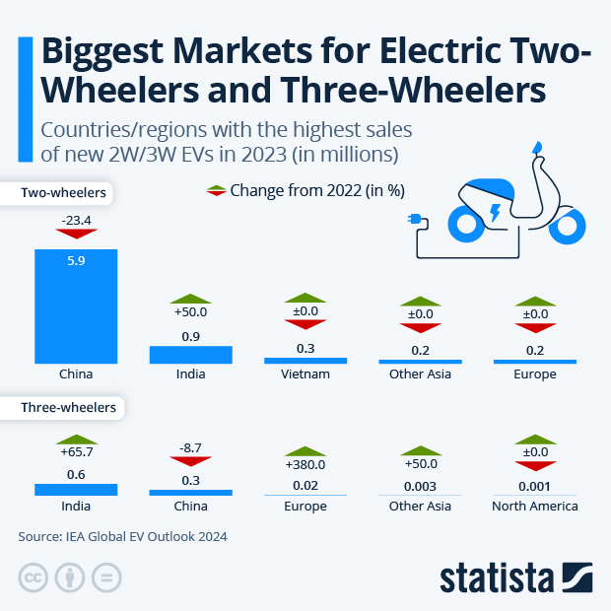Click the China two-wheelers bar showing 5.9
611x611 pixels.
coord(76,305)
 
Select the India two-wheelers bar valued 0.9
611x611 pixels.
coord(190,354)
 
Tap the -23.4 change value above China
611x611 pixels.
coord(76,222)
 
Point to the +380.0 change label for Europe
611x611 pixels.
coord(305,464)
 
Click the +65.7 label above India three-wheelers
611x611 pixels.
coord(76,453)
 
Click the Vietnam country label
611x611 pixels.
coord(305,374)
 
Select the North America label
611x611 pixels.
coord(534,506)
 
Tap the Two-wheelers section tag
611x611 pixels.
coord(63,193)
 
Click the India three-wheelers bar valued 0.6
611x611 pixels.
coord(76,489)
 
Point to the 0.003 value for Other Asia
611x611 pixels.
coord(420,485)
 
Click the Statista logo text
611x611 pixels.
coord(497,577)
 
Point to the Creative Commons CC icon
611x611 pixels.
coord(34,577)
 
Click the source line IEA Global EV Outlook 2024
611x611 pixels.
coord(123,536)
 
